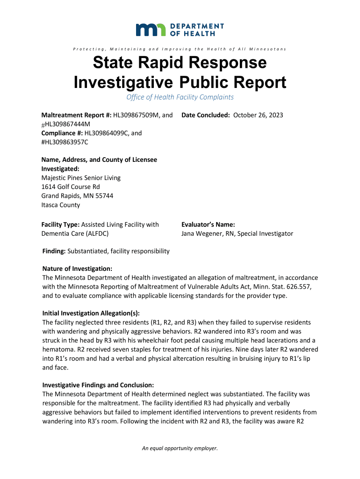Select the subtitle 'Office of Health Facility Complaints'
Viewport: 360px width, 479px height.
[180, 97]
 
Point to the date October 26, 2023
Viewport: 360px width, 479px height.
[258, 115]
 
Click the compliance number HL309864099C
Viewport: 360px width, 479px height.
[107, 133]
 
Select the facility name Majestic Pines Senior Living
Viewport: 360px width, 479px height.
[81, 178]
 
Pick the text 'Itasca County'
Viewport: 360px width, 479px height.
[61, 205]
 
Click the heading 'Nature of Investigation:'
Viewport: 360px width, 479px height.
[77, 269]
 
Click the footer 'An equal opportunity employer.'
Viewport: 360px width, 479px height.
[180, 449]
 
